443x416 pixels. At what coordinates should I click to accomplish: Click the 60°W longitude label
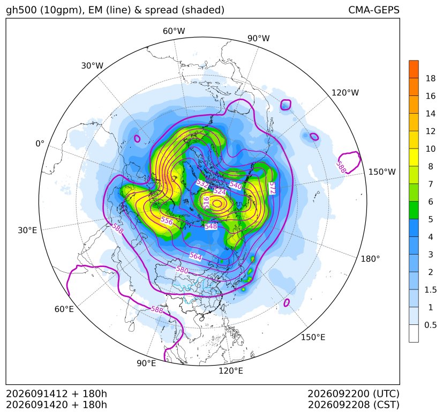tap(174, 31)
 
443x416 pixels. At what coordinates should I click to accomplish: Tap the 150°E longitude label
tap(313, 337)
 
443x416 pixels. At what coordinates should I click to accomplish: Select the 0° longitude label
tap(40, 144)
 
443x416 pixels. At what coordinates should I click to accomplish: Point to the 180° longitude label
tap(370, 259)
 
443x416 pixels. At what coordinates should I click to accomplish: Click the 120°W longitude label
tap(345, 93)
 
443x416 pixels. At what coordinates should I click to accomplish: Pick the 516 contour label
tap(207, 203)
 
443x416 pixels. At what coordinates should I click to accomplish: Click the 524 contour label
tap(220, 191)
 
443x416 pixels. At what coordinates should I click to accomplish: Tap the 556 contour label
tap(167, 220)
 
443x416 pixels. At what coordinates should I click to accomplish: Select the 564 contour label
tap(196, 256)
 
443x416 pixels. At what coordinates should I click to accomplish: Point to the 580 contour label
tap(182, 270)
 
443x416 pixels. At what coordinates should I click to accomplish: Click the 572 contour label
tap(272, 188)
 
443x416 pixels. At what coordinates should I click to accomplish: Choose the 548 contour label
tap(211, 226)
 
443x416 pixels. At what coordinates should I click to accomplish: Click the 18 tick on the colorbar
tap(431, 78)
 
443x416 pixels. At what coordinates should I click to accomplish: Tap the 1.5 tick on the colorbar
tap(430, 289)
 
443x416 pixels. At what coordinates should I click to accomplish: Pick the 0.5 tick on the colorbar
tap(430, 325)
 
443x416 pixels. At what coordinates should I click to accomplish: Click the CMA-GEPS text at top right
tap(374, 10)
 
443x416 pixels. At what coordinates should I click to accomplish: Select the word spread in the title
tap(161, 10)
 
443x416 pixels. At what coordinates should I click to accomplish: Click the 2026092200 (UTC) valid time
tap(354, 393)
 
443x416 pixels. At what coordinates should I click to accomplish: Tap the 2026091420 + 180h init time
tap(56, 405)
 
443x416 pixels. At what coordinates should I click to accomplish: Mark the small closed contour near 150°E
tap(287, 302)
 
